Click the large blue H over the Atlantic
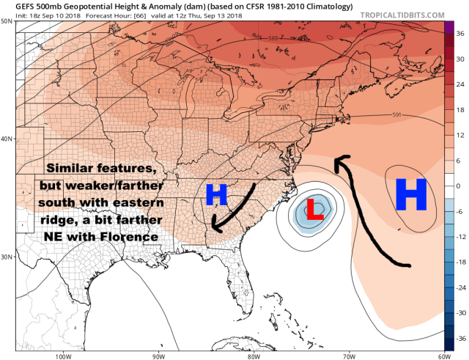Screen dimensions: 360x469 [x=410, y=195]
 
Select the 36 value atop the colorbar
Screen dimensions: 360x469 [x=459, y=34]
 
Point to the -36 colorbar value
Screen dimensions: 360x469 [x=459, y=338]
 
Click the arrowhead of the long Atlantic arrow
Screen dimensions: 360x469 [x=336, y=162]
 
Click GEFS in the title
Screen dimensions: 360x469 [x=18, y=5]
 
